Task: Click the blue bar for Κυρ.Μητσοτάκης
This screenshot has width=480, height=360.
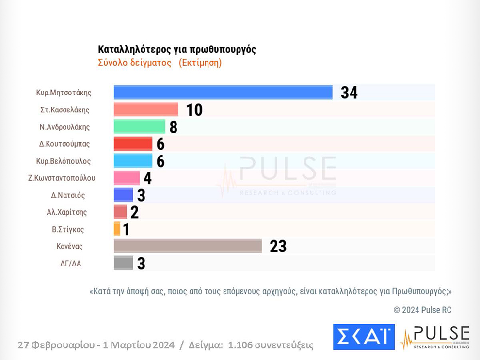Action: click(x=223, y=93)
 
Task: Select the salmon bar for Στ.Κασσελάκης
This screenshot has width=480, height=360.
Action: click(x=146, y=110)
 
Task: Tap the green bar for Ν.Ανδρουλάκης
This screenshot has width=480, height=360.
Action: click(x=140, y=126)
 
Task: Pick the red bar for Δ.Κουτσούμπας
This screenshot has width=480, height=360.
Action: click(x=133, y=143)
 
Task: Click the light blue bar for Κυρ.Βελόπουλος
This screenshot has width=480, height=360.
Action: click(x=133, y=160)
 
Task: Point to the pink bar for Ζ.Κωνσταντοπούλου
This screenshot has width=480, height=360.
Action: click(x=127, y=178)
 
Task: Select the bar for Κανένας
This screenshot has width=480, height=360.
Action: click(x=188, y=246)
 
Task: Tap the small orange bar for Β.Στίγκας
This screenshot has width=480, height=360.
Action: click(x=117, y=229)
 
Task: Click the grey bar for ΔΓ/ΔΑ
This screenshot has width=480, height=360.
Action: click(x=123, y=263)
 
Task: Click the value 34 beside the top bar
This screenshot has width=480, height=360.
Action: click(x=349, y=93)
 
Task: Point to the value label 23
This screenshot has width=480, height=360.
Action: click(x=278, y=247)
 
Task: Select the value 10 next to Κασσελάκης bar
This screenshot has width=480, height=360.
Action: click(x=194, y=110)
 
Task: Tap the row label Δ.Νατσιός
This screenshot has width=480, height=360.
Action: click(x=68, y=195)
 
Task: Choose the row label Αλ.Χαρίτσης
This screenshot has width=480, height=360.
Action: click(x=67, y=212)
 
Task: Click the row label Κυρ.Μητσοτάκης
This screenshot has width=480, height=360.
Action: click(x=64, y=93)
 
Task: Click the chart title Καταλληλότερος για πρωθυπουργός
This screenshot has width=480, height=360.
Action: click(x=176, y=49)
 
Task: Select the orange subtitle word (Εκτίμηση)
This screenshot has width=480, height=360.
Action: click(x=200, y=63)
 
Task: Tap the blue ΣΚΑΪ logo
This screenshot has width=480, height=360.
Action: click(x=364, y=337)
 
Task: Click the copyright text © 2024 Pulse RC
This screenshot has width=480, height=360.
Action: click(x=422, y=310)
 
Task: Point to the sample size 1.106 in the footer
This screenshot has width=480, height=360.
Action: click(x=241, y=345)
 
